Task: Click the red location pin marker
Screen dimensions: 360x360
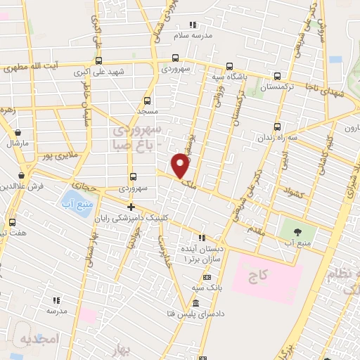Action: pos(181,165)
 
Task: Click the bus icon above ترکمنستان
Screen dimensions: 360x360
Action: pos(277,77)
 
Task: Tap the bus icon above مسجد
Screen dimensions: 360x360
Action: pos(147,101)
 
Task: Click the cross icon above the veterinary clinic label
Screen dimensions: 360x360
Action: pos(131,207)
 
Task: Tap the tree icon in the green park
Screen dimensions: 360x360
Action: pos(297,231)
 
